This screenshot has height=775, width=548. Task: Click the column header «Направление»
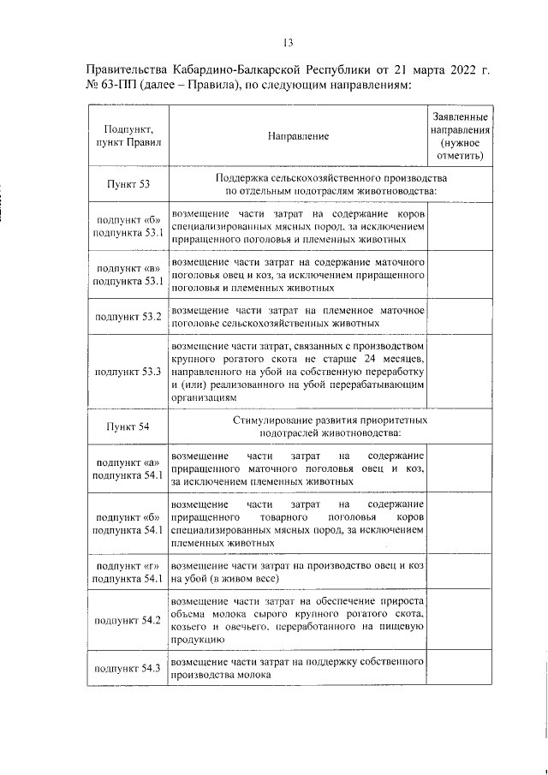[x=297, y=136]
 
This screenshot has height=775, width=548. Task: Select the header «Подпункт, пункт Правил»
[x=128, y=136]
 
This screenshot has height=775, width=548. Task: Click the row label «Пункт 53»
[x=128, y=184]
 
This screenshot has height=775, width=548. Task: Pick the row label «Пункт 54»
[x=128, y=426]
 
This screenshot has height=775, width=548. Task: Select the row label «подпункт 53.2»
[x=128, y=317]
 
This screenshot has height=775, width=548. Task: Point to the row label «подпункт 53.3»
[x=128, y=373]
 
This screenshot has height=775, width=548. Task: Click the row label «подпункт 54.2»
[x=128, y=620]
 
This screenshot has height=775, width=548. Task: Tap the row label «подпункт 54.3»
[x=128, y=668]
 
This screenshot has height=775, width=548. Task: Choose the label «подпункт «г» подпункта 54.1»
[x=128, y=573]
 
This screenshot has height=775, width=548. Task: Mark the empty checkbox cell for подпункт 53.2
[x=460, y=317]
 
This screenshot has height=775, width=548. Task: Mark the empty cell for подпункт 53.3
[x=460, y=373]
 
